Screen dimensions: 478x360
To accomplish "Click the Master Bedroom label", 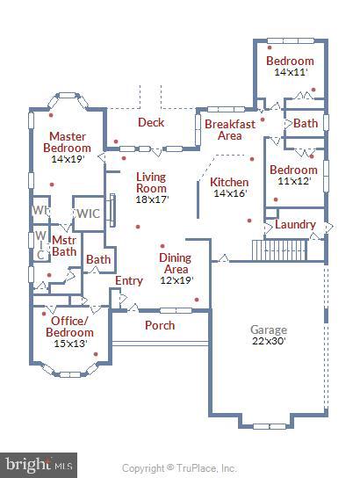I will click(x=66, y=142).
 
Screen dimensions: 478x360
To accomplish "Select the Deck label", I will click(x=151, y=122).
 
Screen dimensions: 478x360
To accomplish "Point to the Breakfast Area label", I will click(x=229, y=129).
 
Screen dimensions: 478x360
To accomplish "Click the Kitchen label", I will click(x=229, y=182).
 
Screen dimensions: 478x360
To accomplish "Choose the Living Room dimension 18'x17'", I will click(x=151, y=199).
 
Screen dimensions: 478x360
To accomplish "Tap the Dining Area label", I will click(x=174, y=264).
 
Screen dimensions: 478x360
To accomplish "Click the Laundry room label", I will click(x=295, y=224).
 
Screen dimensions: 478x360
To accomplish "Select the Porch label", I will click(x=159, y=325).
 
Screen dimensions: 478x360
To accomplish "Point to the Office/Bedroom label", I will click(x=70, y=326).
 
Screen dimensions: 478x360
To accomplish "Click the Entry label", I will click(x=129, y=280).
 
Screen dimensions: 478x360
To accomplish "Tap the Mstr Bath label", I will click(x=64, y=245).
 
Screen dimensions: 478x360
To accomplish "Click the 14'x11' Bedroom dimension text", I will click(x=291, y=72).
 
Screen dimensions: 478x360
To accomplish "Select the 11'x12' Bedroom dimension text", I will click(x=293, y=181).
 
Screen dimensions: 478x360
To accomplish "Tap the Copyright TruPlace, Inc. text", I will click(x=179, y=467).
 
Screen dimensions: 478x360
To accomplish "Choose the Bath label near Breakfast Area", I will click(x=306, y=123).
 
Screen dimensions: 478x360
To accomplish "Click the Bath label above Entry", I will click(x=98, y=259).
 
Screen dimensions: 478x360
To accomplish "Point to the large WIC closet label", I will click(x=88, y=214).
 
